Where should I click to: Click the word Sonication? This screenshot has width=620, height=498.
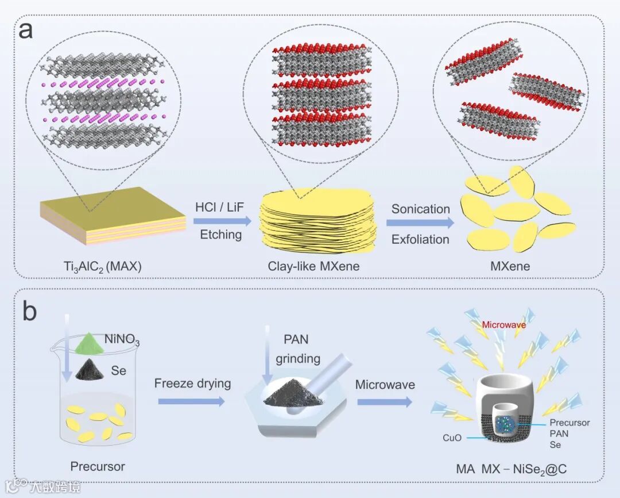tap(420, 209)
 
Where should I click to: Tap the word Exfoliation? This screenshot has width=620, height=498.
tap(420, 239)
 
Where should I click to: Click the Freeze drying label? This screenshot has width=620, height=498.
tap(192, 383)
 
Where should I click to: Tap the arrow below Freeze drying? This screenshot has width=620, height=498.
tap(191, 401)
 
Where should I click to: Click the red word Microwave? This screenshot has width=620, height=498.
tap(503, 325)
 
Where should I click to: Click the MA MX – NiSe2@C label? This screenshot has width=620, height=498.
tap(505, 470)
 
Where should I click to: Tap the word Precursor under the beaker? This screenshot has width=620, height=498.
tap(97, 466)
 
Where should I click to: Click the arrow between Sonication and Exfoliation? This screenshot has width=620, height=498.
tap(420, 223)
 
